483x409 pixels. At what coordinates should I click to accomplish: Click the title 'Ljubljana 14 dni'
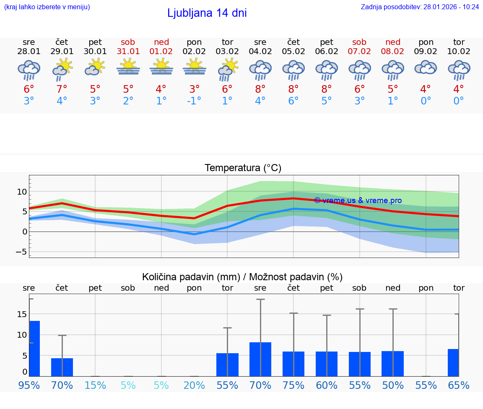click(x=207, y=13)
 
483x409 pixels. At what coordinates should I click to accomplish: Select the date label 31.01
click(x=128, y=51)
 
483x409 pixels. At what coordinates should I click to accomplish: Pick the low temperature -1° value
click(x=194, y=101)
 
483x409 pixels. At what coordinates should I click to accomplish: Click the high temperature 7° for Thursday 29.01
click(x=62, y=89)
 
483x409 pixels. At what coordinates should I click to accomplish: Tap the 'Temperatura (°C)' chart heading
click(x=243, y=168)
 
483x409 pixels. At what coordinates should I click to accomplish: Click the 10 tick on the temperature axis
click(x=22, y=192)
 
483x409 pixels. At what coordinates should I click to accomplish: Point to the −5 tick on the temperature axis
click(x=21, y=252)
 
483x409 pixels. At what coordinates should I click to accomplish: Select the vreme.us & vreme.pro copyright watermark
click(x=358, y=201)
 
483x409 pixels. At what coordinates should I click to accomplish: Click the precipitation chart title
click(x=242, y=277)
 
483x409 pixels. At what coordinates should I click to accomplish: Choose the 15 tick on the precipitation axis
click(x=22, y=314)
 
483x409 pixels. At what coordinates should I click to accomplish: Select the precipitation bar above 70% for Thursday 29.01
click(x=62, y=367)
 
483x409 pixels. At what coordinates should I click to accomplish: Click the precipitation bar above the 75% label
click(x=293, y=364)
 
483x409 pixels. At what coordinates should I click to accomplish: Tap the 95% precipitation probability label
click(x=29, y=385)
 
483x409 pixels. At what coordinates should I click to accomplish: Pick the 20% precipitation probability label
click(x=194, y=385)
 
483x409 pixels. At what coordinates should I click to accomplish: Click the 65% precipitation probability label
click(x=459, y=385)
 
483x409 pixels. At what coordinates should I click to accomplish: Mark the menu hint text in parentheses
click(x=47, y=7)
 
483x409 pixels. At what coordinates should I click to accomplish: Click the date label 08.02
click(x=393, y=51)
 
